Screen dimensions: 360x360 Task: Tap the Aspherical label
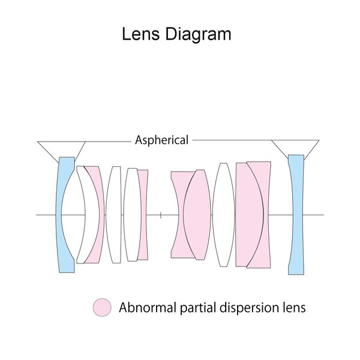[x=162, y=140]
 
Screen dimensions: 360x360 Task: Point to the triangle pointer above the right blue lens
[x=295, y=147]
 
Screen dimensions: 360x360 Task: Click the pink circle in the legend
[x=103, y=308]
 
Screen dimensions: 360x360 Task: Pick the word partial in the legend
[x=192, y=308]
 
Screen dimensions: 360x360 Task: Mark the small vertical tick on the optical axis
[x=161, y=214]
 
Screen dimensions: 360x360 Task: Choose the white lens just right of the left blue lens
[x=80, y=214]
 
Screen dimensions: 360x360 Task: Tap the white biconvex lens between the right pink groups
[x=224, y=214]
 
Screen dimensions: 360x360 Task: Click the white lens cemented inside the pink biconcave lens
[x=197, y=214]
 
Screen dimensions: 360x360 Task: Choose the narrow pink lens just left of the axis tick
[x=143, y=214]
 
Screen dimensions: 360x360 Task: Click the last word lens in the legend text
[x=293, y=308]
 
